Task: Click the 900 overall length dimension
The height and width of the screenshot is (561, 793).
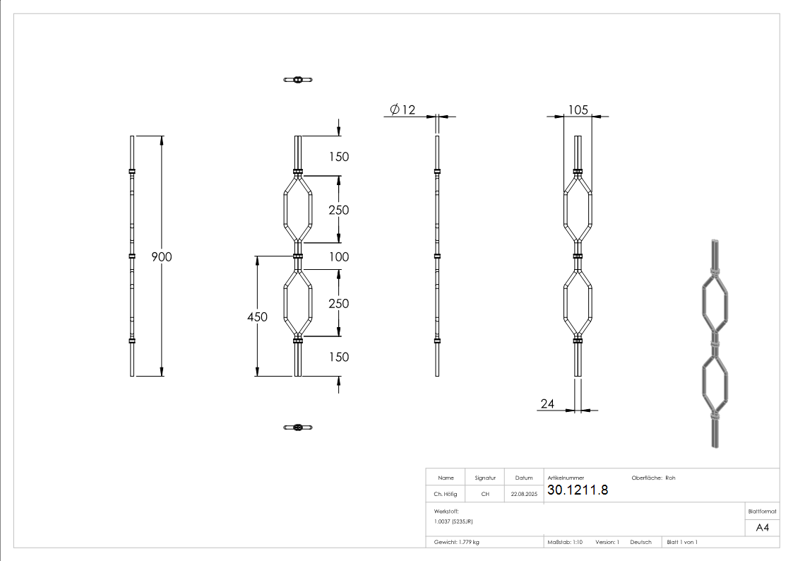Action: (162, 256)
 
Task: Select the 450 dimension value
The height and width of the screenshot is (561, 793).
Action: (257, 317)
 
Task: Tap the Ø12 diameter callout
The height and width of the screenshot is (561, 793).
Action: (403, 109)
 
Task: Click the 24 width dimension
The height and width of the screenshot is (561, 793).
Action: (547, 403)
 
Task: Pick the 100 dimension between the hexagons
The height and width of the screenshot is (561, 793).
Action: (339, 256)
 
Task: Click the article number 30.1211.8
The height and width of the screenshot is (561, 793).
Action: (578, 490)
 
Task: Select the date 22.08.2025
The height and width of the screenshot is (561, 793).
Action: (524, 495)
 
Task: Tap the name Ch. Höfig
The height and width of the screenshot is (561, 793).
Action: (445, 494)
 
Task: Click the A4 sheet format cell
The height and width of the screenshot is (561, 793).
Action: (763, 528)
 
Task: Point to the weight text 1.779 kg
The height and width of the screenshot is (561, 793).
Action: (457, 542)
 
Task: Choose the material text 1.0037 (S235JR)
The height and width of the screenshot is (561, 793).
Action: (453, 521)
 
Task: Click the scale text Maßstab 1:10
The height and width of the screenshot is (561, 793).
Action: (565, 542)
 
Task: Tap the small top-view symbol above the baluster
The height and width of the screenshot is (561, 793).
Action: (297, 79)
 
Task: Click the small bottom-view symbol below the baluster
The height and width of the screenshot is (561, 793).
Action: (297, 427)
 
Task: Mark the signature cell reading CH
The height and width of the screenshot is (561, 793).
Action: (485, 494)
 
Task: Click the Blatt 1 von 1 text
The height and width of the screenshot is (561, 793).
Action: (682, 542)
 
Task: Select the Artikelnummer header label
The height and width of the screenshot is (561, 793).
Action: (566, 478)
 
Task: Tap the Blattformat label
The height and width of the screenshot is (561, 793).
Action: (763, 511)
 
